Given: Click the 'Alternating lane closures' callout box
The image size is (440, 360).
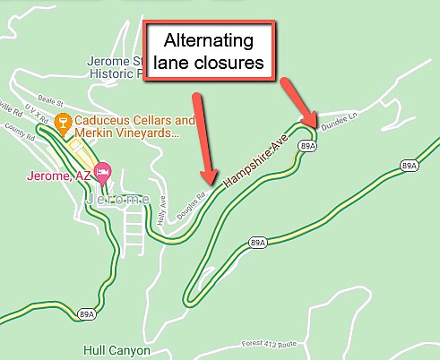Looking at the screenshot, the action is pyautogui.click(x=210, y=54).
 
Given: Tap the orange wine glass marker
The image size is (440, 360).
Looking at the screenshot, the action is pyautogui.click(x=64, y=121).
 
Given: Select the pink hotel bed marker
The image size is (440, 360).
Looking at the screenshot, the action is pyautogui.click(x=104, y=170).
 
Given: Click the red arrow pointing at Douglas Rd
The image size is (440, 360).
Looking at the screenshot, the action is pyautogui.click(x=203, y=134).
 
